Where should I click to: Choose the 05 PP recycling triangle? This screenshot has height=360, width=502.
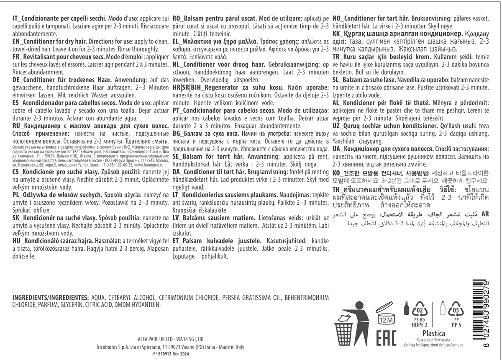456,311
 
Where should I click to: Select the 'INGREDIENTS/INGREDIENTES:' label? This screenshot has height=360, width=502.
50,298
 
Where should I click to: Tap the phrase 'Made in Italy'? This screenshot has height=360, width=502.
231,347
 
